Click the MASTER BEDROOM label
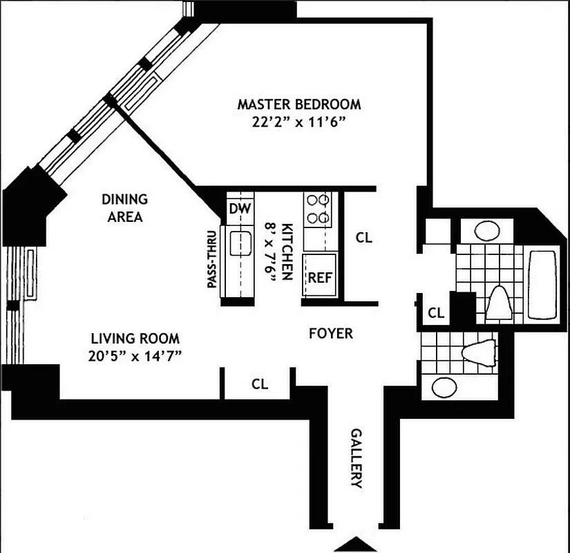click(x=298, y=105)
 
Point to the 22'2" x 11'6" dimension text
click(x=298, y=122)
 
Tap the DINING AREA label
click(x=124, y=207)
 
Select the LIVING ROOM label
click(x=135, y=339)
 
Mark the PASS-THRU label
click(x=212, y=259)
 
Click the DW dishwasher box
click(x=240, y=208)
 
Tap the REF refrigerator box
click(x=319, y=278)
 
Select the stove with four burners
click(x=318, y=209)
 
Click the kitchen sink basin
click(x=240, y=243)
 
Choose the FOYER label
click(x=330, y=334)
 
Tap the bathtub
click(x=543, y=284)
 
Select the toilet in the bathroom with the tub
click(x=498, y=301)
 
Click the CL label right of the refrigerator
click(x=363, y=238)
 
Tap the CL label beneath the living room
click(x=259, y=383)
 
